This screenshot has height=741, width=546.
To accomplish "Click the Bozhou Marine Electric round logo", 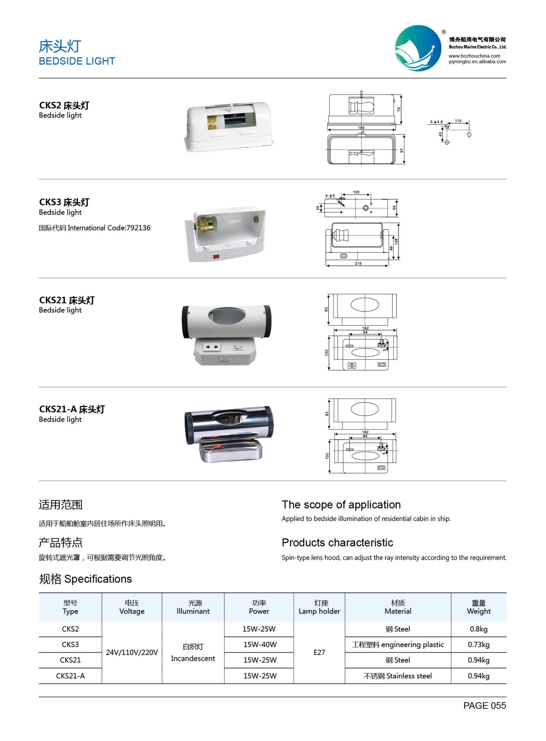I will [418, 48].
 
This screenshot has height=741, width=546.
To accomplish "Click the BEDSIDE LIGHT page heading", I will [77, 61].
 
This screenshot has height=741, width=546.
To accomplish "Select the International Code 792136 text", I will [95, 228].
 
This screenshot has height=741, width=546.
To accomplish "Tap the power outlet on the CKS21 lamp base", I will [211, 347].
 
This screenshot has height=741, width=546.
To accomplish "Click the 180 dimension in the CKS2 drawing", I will [361, 128].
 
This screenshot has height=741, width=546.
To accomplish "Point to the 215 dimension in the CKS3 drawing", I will [358, 263].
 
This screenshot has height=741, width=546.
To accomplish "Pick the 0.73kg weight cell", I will [479, 644].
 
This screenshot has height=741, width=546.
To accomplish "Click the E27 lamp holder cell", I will [319, 652].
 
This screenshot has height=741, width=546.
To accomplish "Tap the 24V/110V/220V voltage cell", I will [132, 652].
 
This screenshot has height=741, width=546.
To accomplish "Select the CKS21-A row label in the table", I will [70, 676].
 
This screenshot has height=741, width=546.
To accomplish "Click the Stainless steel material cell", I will [398, 676].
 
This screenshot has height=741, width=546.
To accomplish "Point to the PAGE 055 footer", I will [485, 706].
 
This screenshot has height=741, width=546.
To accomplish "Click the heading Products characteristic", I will [337, 543].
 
